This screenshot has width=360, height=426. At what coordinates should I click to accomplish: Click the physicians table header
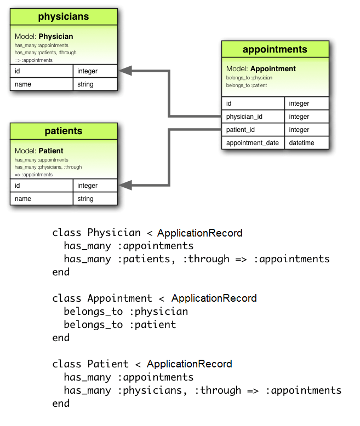coord(64,17)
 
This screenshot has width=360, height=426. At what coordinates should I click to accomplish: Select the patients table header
coord(64,131)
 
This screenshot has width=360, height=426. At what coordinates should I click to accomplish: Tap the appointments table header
coord(275,50)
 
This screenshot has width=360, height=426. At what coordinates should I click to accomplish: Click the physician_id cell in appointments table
coord(253,117)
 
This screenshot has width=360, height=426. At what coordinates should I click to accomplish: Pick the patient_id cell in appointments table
coord(253,130)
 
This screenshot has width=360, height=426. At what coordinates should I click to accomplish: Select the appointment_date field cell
coord(253,143)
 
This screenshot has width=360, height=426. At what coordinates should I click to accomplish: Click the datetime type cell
coord(306,143)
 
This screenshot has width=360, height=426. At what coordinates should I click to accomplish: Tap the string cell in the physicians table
coord(95,84)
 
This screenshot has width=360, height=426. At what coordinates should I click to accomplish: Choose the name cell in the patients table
coord(41,199)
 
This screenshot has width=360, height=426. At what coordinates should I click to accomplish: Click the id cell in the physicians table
coord(41,71)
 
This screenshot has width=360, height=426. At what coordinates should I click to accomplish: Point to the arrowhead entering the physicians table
coord(125,71)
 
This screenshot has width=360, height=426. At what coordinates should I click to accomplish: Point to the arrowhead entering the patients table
coord(125,186)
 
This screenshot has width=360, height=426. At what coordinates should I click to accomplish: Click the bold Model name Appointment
coord(273,69)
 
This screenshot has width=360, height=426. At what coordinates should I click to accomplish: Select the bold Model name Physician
coord(56,37)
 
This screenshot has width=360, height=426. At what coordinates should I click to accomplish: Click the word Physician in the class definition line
coord(114,233)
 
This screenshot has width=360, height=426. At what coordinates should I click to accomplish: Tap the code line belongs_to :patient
coord(120,325)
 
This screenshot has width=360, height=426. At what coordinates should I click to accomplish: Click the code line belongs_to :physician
coord(125,312)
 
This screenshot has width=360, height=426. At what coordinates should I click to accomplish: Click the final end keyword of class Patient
coord(61,404)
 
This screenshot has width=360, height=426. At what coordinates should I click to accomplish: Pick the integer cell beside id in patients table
coord(95,186)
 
